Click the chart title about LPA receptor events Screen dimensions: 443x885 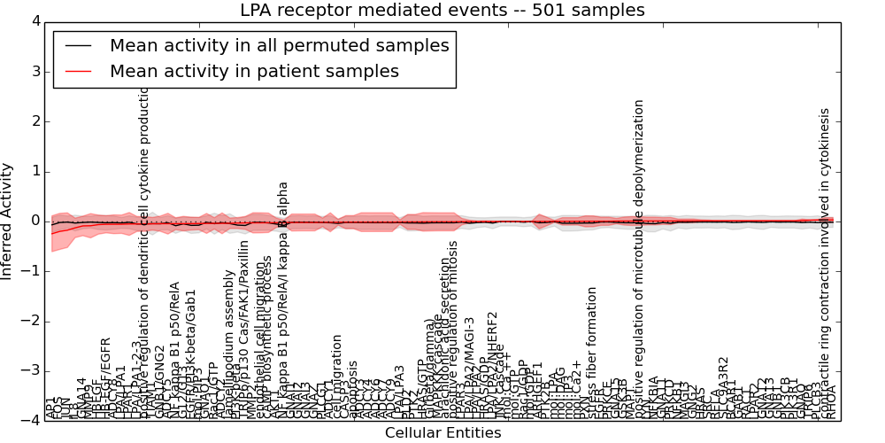click(x=442, y=11)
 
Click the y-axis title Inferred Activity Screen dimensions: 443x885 click(x=8, y=221)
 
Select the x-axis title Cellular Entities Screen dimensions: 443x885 click(x=442, y=433)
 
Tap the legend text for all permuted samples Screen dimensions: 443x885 click(x=279, y=45)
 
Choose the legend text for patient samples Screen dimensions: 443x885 click(x=254, y=71)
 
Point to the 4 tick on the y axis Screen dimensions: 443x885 click(x=35, y=21)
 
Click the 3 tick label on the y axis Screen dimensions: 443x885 click(x=35, y=71)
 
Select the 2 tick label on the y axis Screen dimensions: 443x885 click(x=35, y=121)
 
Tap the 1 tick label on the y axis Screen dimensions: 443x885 click(x=35, y=171)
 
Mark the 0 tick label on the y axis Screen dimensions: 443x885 click(x=35, y=221)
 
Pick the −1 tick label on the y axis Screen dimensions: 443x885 click(x=31, y=271)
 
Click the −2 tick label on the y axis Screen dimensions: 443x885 click(x=31, y=321)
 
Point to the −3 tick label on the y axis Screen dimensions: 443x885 click(x=31, y=371)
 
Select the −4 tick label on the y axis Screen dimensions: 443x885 click(x=31, y=421)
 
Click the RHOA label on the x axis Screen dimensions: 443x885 click(x=831, y=402)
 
